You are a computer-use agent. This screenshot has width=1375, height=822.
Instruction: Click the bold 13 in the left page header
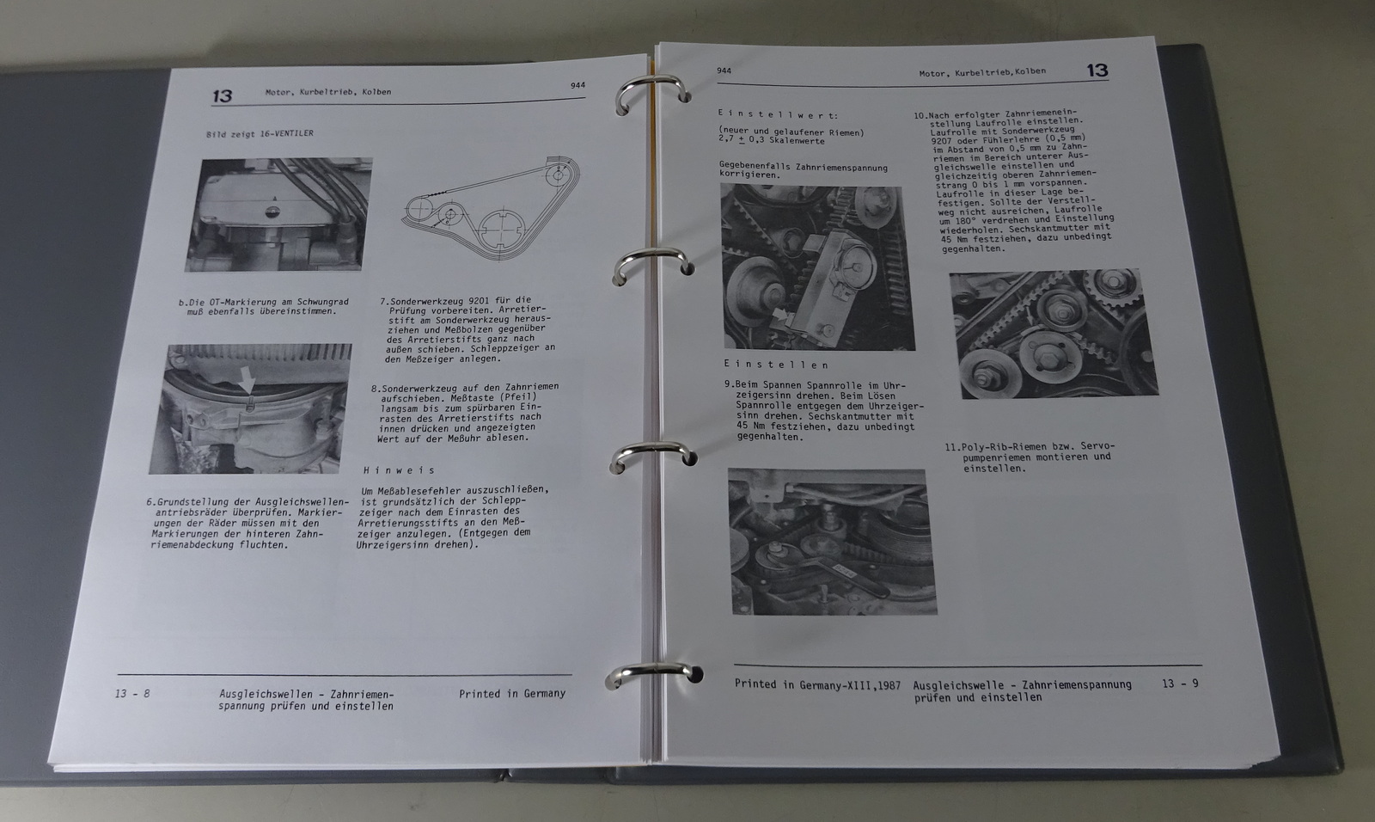pos(223,95)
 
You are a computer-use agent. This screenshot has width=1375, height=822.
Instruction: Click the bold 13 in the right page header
pos(1097,71)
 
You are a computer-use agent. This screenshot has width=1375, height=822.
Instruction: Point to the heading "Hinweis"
pos(399,470)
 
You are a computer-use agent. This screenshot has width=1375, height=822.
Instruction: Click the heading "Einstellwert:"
pos(778,114)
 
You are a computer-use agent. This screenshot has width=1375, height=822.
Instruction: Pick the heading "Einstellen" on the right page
pos(777,365)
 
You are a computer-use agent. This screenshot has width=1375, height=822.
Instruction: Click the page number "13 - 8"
pos(132,694)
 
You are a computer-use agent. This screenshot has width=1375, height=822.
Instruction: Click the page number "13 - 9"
pos(1180,684)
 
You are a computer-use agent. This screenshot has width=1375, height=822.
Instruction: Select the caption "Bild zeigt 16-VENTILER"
pos(260,133)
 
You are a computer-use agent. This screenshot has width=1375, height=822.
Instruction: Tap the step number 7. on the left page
pos(385,302)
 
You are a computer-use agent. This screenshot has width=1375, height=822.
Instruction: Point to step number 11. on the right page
pos(953,447)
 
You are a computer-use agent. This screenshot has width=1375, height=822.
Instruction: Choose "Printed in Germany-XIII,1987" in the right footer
pos(817,684)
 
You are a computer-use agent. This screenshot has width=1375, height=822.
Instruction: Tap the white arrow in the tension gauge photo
pos(780,316)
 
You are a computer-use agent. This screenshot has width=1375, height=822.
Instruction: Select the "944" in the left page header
pos(577,85)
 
